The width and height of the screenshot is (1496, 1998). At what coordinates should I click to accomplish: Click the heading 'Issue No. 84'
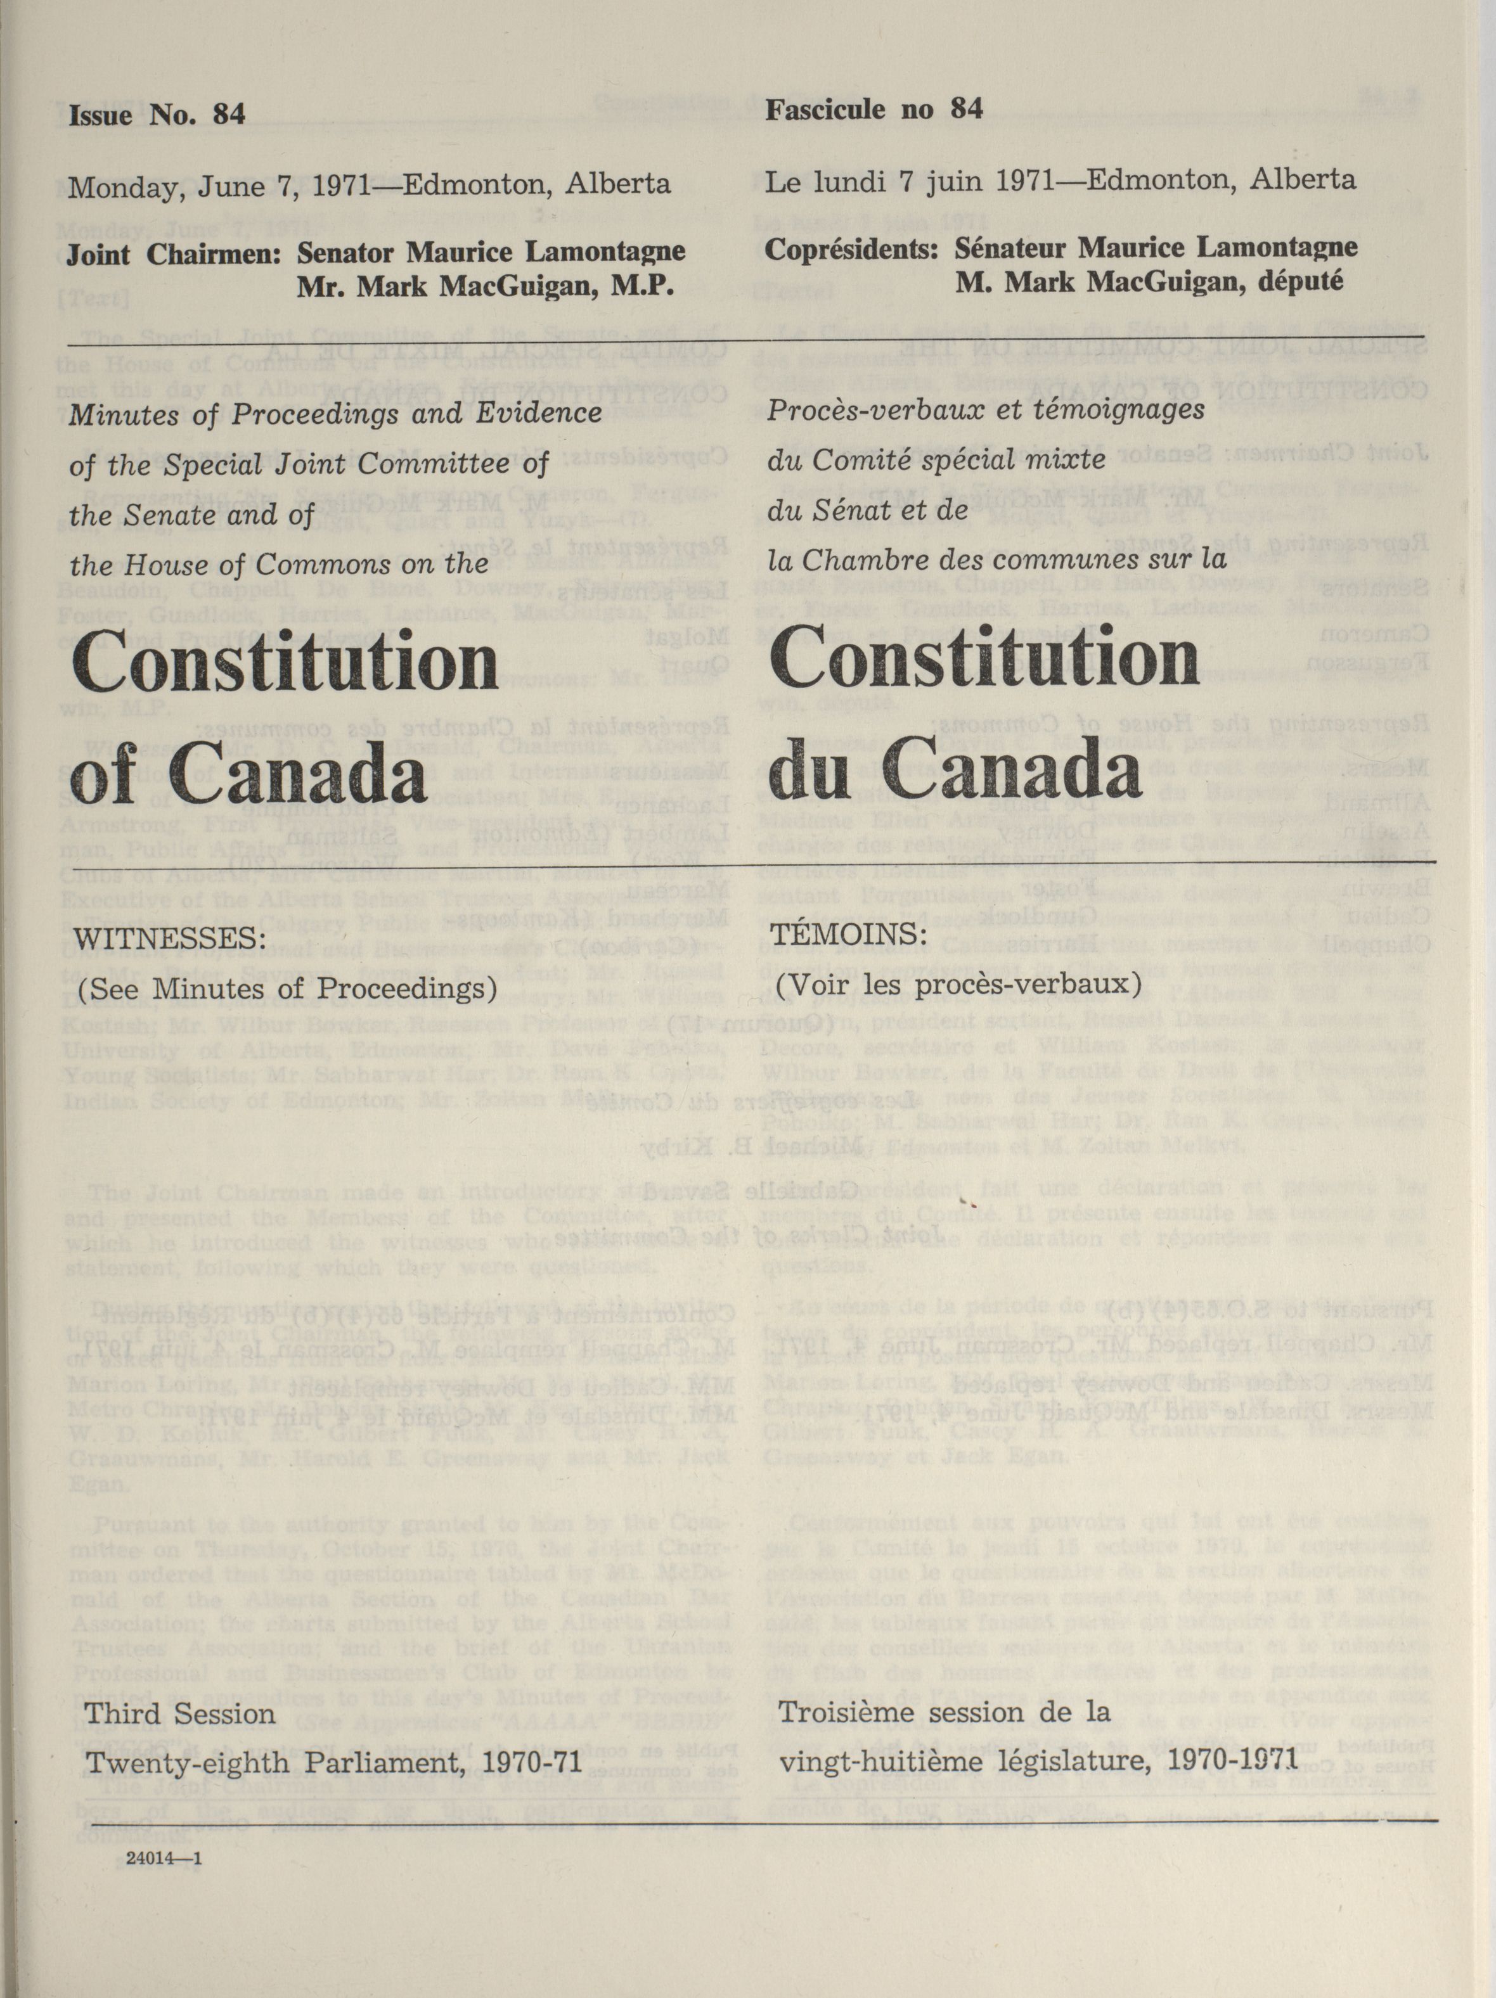pos(157,115)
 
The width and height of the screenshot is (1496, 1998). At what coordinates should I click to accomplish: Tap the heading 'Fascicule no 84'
pos(874,109)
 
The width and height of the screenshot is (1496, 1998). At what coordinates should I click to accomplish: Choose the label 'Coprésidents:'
pos(850,248)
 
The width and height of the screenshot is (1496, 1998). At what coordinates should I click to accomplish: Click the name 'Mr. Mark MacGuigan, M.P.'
pos(486,286)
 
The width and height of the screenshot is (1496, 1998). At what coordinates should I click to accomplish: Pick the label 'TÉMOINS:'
pos(852,933)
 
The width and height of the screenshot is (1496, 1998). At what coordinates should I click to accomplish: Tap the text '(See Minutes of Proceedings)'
pos(288,990)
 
